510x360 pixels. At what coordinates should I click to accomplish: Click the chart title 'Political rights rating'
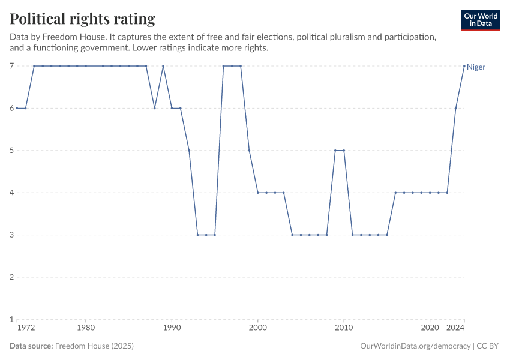tap(82, 19)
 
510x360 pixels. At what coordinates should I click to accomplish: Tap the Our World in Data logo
tap(480, 20)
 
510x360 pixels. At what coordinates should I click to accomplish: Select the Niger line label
tap(476, 67)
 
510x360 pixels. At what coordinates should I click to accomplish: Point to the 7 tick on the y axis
tap(11, 66)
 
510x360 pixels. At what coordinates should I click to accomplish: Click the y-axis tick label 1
tap(11, 319)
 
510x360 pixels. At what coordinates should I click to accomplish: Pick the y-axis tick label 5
tap(11, 151)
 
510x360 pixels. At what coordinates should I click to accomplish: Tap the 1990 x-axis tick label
tap(172, 328)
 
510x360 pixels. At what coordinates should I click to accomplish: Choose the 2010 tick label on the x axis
tap(344, 328)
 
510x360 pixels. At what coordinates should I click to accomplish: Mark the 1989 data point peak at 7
tap(163, 66)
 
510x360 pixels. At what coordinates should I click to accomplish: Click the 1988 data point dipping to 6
tap(155, 108)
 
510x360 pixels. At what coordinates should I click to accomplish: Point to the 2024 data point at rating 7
tap(464, 66)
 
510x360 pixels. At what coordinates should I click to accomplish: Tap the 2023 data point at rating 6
tap(456, 108)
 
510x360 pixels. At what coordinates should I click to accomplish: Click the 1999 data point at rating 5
tap(249, 151)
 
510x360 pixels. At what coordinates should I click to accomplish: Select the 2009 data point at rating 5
tap(335, 151)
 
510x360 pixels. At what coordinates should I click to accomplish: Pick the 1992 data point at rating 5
tap(189, 151)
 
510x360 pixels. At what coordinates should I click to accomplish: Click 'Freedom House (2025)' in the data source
tap(94, 346)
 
